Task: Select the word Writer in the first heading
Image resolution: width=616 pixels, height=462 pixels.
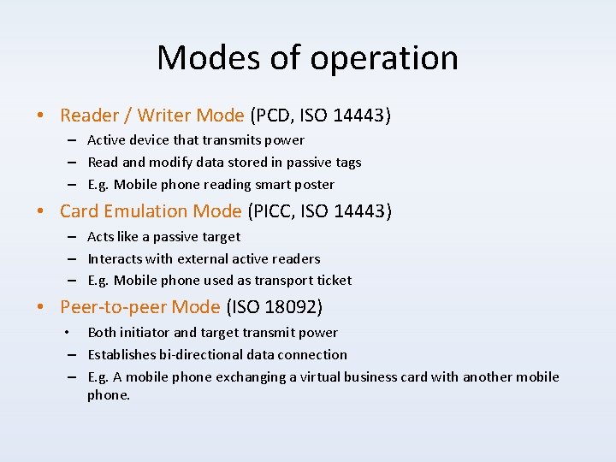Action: (164, 115)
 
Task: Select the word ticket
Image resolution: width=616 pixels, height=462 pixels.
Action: (332, 281)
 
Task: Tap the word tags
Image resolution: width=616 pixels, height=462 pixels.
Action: (346, 163)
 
